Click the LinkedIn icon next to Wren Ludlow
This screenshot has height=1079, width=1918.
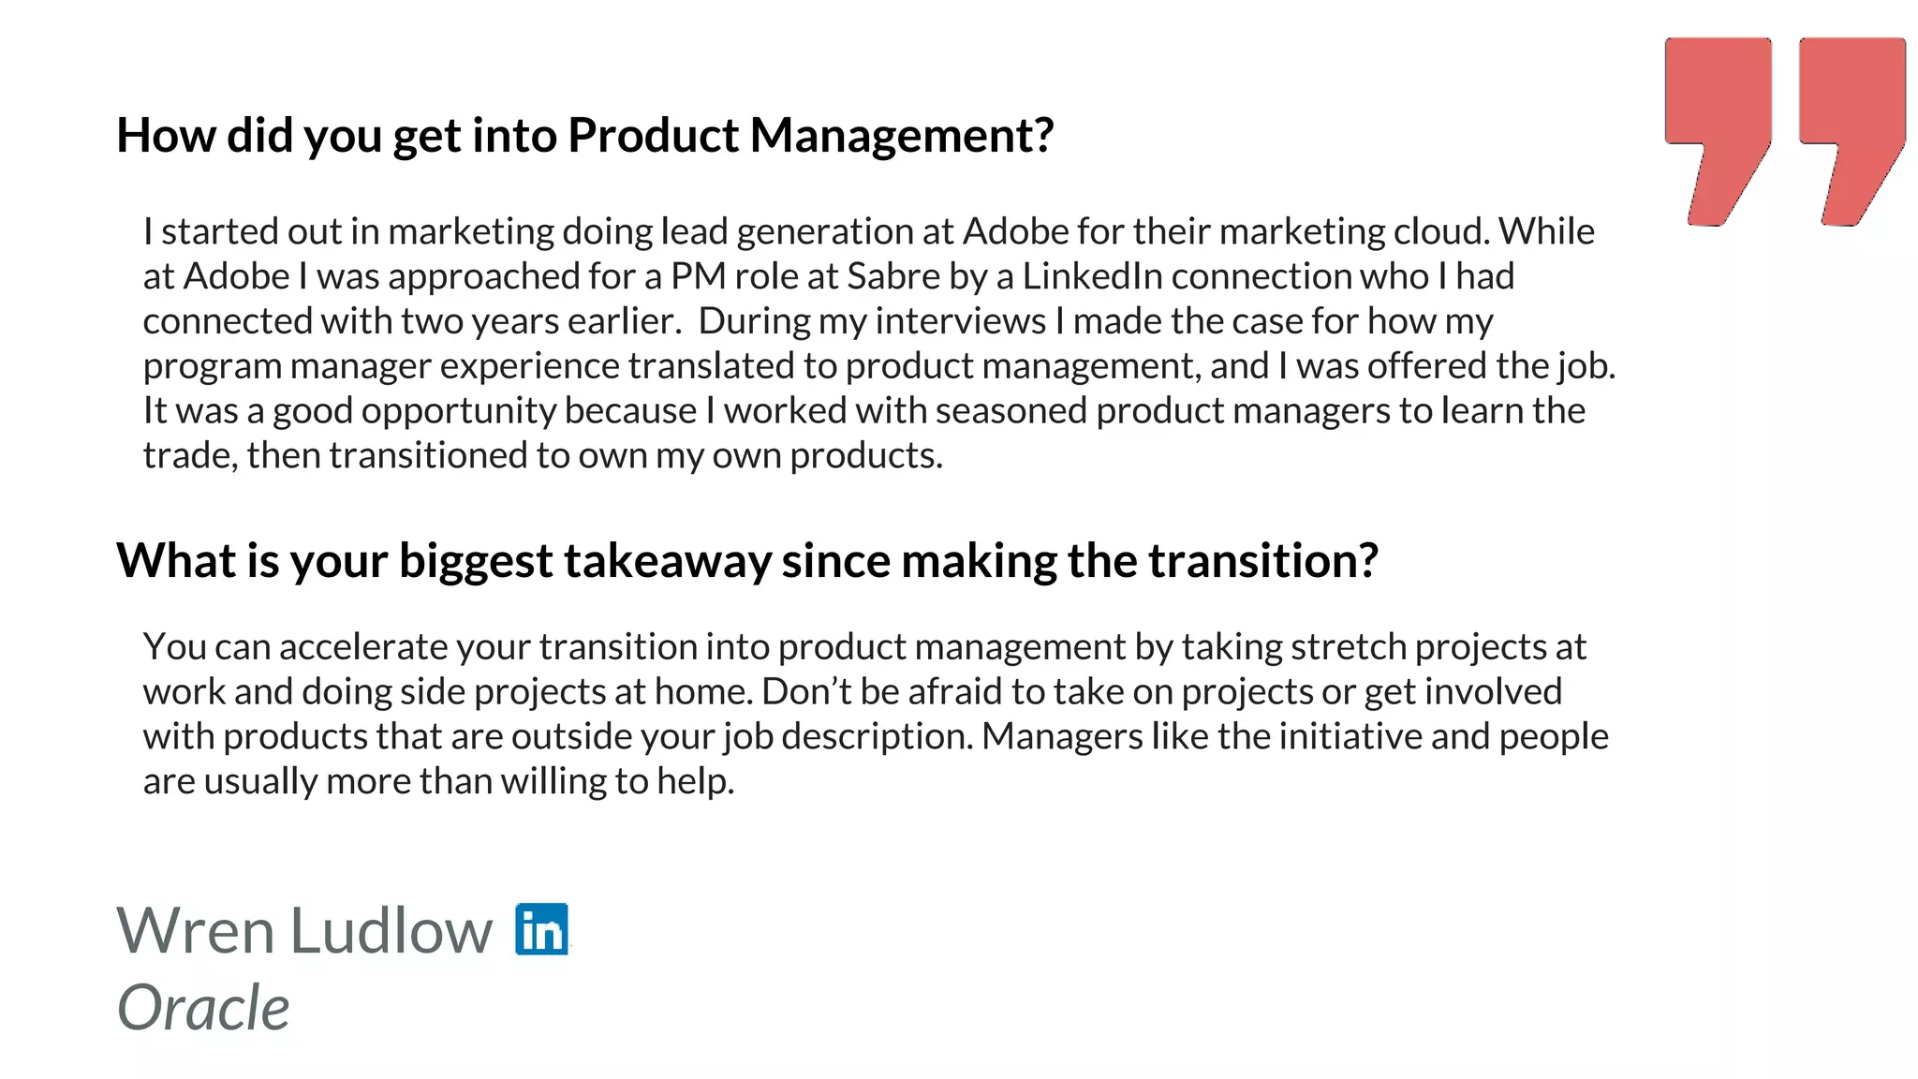pos(541,929)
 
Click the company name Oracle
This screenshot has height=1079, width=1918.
pos(203,1008)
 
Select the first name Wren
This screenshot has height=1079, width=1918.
pos(195,931)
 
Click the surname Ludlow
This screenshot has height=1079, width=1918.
pos(391,931)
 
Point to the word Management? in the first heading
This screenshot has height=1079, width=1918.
pos(902,136)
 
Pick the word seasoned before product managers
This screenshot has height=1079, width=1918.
pos(1011,411)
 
